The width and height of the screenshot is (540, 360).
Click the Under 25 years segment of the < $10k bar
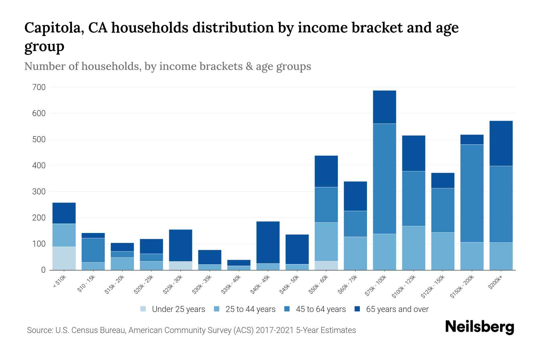(64, 258)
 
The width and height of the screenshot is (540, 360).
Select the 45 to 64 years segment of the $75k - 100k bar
(384, 179)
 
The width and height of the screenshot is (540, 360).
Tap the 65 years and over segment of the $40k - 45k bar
(268, 242)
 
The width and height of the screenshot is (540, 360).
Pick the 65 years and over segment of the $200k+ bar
(501, 143)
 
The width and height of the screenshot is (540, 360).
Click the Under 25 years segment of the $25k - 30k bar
(181, 265)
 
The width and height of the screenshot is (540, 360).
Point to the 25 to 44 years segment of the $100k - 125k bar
(414, 248)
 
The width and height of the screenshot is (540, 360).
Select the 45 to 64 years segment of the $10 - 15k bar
(93, 250)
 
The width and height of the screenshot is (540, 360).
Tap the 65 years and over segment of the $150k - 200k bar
(472, 140)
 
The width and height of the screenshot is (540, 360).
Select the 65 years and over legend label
(397, 309)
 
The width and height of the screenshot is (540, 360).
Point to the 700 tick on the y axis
(39, 87)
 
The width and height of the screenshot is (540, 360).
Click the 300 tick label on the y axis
(39, 192)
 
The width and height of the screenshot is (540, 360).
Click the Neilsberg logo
(479, 327)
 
